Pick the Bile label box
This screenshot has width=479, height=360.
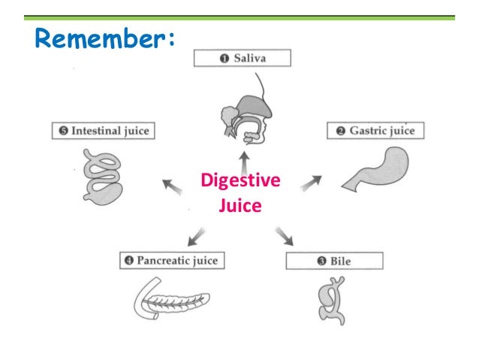point(334,262)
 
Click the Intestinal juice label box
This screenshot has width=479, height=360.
point(101,131)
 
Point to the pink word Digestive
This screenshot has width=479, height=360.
point(239,181)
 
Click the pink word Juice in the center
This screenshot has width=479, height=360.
point(239,203)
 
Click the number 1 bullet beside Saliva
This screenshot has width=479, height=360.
point(203,59)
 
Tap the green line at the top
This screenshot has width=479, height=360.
point(239,17)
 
